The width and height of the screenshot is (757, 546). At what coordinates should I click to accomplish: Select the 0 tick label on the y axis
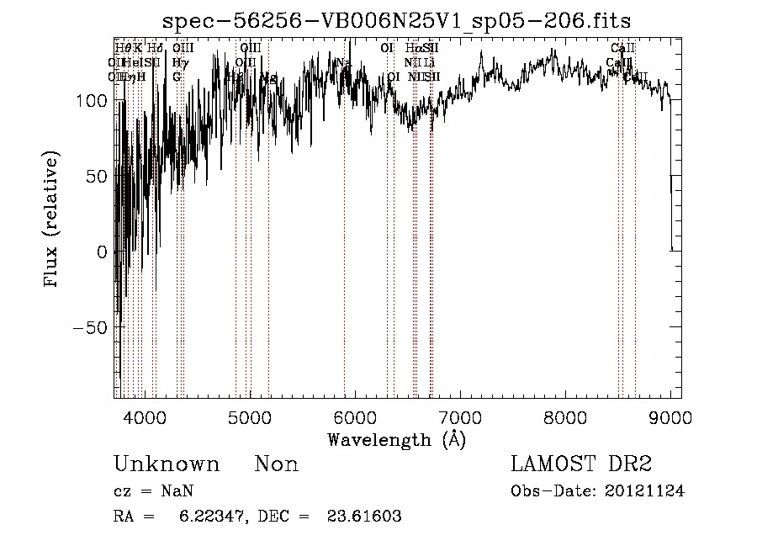coord(102,252)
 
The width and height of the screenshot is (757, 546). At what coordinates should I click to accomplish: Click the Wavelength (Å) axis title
coord(396,439)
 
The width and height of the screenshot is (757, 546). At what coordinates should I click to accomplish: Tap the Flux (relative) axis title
coord(52,221)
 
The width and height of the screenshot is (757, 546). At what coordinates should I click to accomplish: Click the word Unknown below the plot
coord(166,464)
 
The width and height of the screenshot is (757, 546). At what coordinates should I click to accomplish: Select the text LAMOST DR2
coord(581,464)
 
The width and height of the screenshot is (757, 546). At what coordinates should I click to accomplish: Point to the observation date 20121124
coord(645,491)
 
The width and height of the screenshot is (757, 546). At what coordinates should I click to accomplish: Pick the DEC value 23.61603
coord(363,517)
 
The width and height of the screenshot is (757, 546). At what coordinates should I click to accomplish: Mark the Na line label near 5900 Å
coord(343,62)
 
